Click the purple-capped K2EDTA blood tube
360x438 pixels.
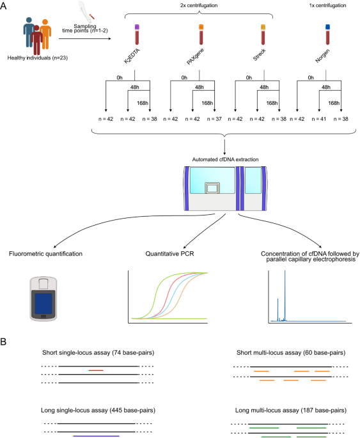pos(137,35)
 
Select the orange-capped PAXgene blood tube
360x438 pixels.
pos(201,35)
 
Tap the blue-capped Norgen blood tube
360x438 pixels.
pos(327,35)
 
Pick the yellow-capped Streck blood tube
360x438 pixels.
pos(263,35)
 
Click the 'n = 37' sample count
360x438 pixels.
pos(214,119)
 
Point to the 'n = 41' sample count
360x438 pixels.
pos(319,119)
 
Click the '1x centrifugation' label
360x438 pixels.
pos(327,5)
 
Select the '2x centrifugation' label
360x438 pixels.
pos(199,5)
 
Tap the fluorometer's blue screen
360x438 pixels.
pos(43,303)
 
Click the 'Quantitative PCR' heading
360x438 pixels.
pos(169,254)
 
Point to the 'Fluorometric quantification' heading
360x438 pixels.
pos(45,254)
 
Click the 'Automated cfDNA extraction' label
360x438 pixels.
pos(225,159)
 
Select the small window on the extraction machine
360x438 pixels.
pos(212,189)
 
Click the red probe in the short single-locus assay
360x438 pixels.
pos(96,370)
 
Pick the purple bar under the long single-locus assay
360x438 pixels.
pos(97,436)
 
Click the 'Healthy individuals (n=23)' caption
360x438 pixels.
pos(38,58)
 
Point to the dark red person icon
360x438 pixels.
pos(36,40)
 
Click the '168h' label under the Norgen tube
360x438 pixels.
pos(334,103)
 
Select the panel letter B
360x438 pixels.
pos(3,341)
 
